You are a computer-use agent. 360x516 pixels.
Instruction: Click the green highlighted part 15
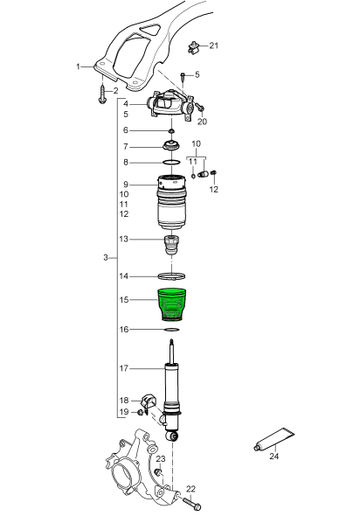point(172,303)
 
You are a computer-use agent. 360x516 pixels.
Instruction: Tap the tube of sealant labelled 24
point(275,439)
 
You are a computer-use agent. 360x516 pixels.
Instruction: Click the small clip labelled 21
point(193,47)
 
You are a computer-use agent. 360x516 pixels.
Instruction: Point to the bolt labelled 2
point(101,94)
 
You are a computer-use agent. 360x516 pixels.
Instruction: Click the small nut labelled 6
point(171,131)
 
